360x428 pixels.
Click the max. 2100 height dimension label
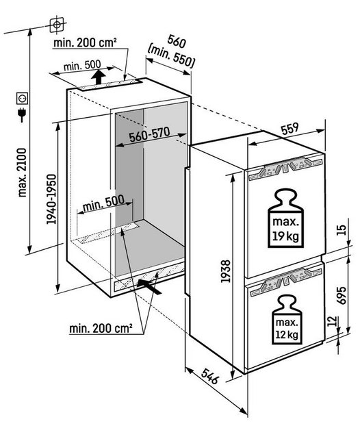(22, 173)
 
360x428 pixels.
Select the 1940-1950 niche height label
(51, 199)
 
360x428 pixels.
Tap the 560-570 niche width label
(149, 134)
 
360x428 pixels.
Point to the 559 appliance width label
(290, 129)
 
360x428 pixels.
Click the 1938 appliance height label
(226, 271)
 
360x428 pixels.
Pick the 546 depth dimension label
(210, 375)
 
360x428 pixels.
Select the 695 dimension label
(342, 295)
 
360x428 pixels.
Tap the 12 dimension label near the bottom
(333, 322)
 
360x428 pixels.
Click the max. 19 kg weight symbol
(286, 218)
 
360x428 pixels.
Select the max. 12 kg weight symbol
(287, 319)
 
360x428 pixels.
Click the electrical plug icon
(21, 114)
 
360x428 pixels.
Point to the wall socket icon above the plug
(22, 98)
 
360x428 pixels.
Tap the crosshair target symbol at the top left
(57, 25)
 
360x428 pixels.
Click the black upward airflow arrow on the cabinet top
(98, 77)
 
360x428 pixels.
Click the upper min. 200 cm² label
(85, 42)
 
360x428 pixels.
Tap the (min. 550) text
(171, 56)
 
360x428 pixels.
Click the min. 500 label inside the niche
(103, 203)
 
